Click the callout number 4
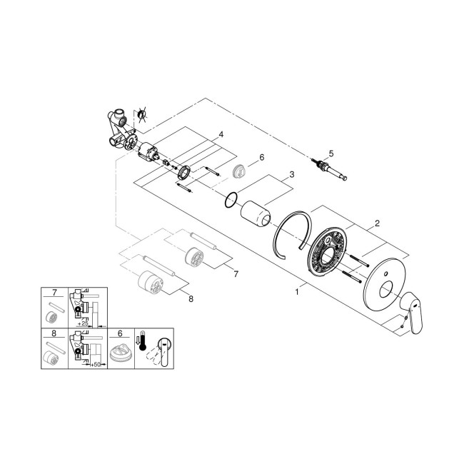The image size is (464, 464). tap(221, 133)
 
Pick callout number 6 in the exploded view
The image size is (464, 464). tap(261, 157)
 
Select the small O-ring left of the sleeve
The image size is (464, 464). tap(230, 201)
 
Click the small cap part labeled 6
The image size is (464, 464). tap(241, 170)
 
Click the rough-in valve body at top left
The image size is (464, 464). tap(121, 129)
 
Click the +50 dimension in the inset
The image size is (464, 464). tap(94, 363)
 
